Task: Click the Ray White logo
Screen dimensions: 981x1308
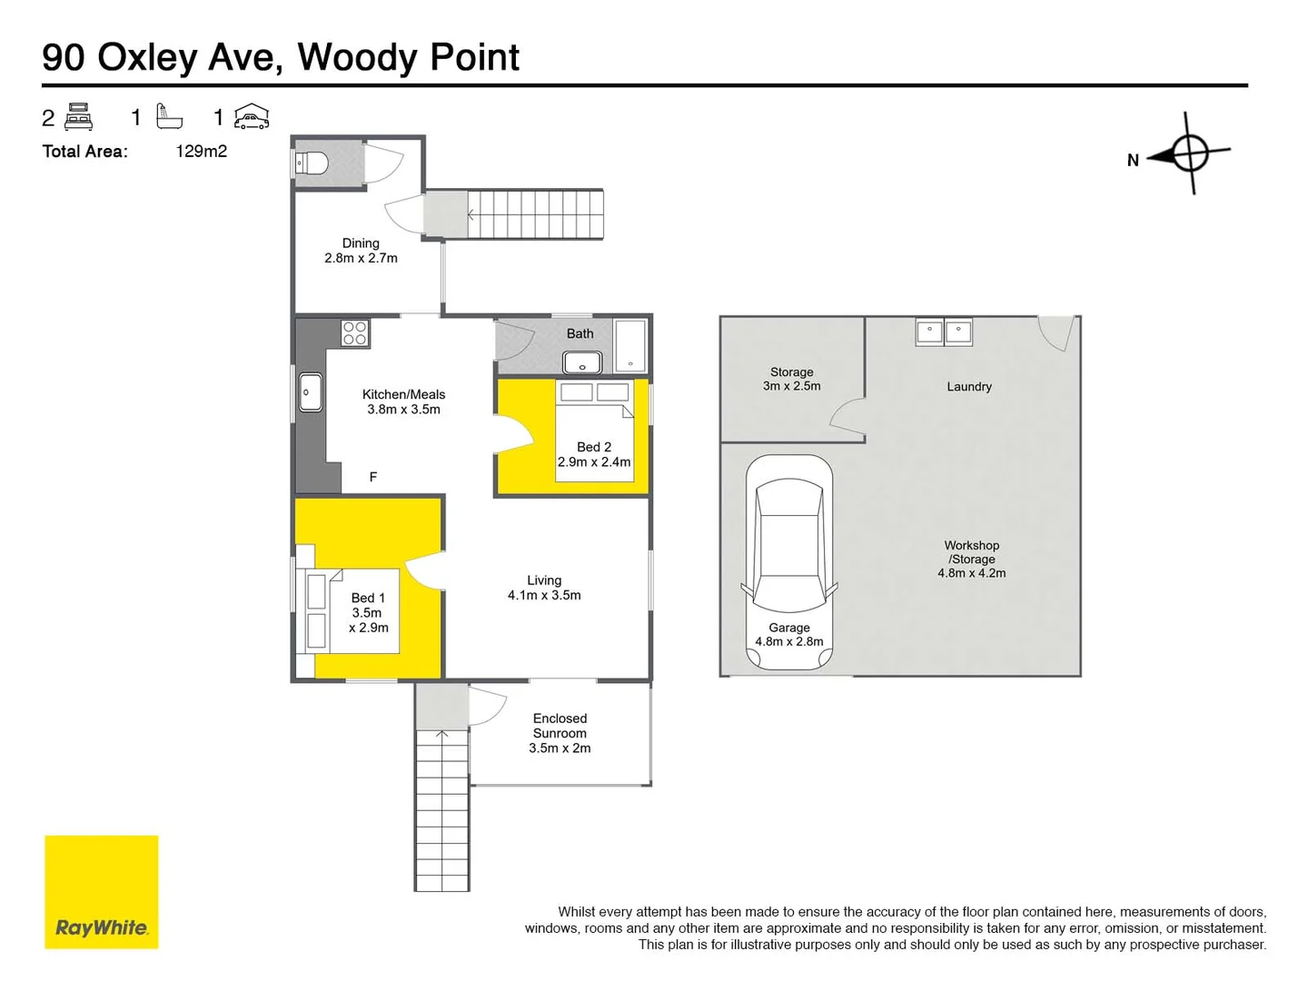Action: [x=101, y=892]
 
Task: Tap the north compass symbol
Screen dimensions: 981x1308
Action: [x=1188, y=153]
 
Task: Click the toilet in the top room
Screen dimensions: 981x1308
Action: [x=312, y=164]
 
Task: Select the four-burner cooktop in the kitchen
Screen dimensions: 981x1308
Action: [x=354, y=333]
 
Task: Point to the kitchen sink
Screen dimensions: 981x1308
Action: [x=311, y=392]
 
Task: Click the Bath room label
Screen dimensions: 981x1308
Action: [x=580, y=333]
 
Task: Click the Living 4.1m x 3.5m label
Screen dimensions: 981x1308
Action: [x=544, y=588]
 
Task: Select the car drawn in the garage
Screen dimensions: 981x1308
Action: [x=788, y=560]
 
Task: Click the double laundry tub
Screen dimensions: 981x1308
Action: [x=944, y=332]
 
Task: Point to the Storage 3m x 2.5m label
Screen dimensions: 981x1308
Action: [x=791, y=379]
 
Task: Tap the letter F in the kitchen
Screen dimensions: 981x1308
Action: [x=372, y=477]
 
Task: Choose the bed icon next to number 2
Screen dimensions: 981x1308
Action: [x=79, y=117]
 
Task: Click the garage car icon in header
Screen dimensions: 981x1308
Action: [x=252, y=117]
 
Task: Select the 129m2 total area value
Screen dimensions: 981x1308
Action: [x=201, y=152]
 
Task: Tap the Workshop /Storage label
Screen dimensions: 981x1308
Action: [x=971, y=559]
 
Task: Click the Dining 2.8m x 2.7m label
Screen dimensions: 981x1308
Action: [x=361, y=251]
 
